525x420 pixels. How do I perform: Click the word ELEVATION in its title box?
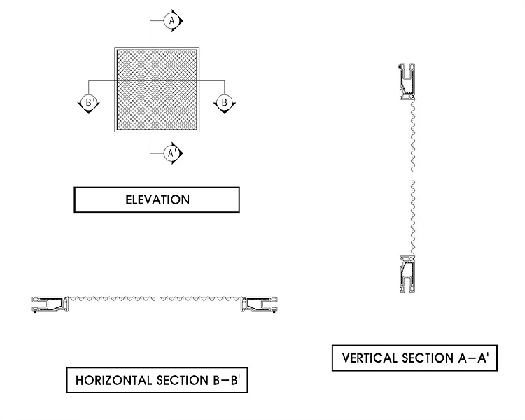pos(157,200)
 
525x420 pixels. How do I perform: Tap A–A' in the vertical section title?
pos(475,359)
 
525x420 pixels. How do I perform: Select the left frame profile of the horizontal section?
pos(50,303)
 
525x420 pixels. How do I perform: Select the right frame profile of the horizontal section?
pos(261,303)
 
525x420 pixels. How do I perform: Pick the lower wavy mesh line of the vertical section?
pos(413,217)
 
